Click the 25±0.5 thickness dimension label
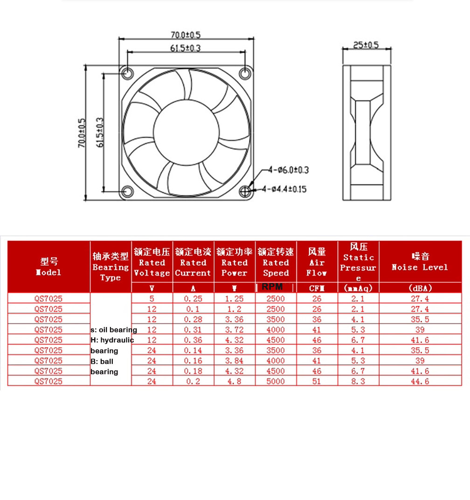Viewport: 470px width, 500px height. [366, 45]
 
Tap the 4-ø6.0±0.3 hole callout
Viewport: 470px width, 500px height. [289, 170]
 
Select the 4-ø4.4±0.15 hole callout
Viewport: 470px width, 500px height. [284, 189]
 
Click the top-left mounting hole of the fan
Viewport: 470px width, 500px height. [128, 73]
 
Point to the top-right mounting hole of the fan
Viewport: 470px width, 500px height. [245, 73]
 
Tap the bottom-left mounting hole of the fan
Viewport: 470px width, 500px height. [128, 191]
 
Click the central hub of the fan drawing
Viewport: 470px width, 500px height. [186, 132]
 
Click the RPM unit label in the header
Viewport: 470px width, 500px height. [272, 287]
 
